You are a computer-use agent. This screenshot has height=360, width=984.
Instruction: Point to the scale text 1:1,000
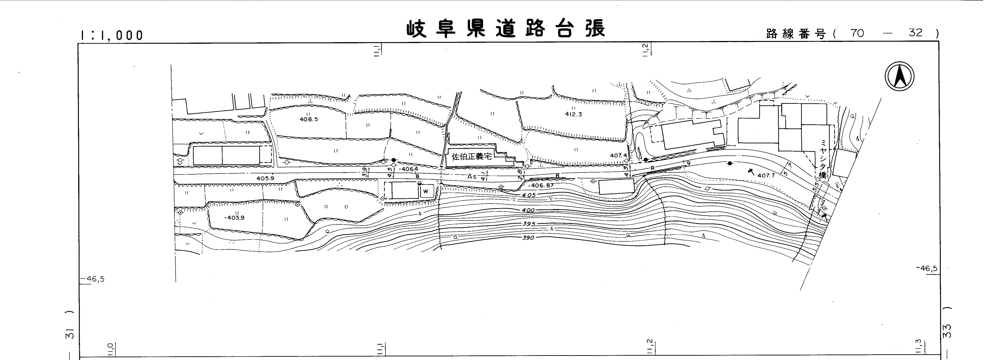point(111,35)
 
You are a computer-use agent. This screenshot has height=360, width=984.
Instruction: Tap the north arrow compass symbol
point(899,76)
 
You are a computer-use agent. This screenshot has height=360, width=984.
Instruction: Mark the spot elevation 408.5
point(309,119)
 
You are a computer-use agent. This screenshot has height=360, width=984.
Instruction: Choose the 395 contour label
point(529,224)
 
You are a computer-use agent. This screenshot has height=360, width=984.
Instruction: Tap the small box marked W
point(426,191)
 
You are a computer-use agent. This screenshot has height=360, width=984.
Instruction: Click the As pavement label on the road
point(472,177)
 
